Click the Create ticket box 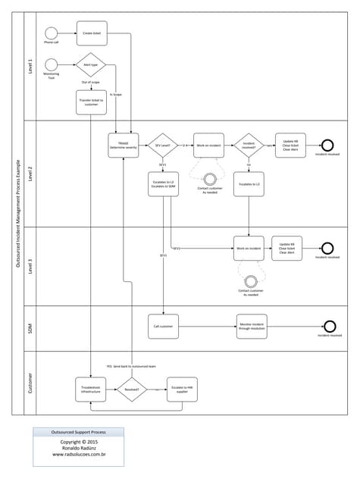[x=91, y=33]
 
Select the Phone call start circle [x=51, y=33]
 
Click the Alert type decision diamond [x=91, y=65]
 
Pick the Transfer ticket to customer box [x=91, y=102]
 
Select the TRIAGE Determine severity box [x=124, y=145]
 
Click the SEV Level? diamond [x=163, y=145]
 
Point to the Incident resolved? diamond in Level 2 [x=249, y=145]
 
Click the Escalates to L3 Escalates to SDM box [x=163, y=184]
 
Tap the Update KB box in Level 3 [x=286, y=248]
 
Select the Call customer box [x=163, y=326]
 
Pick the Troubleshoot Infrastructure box [x=91, y=389]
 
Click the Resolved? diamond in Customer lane [x=131, y=389]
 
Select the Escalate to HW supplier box [x=182, y=389]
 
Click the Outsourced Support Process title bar [x=78, y=432]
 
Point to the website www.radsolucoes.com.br [x=78, y=455]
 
